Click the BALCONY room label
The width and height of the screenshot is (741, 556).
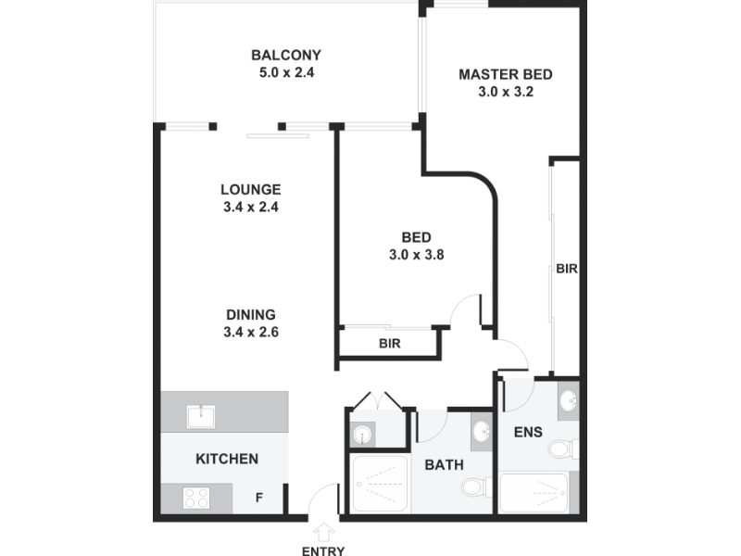[x=286, y=56]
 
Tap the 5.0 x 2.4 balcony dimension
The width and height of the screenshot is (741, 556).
[x=286, y=73]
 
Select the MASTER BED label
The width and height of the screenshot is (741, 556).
[x=505, y=75]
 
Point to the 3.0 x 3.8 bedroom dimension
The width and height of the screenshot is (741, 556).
[x=416, y=255]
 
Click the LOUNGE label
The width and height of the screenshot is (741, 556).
[x=251, y=190]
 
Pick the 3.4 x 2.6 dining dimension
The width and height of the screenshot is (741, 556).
[x=251, y=332]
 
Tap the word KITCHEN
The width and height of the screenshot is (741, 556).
[x=227, y=459]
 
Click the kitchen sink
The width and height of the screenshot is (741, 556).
[x=201, y=416]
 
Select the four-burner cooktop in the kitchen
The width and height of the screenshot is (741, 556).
[x=196, y=498]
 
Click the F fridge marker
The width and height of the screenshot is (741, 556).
[x=259, y=498]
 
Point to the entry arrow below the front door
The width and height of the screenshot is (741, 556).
[x=323, y=532]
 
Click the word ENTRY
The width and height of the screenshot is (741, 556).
[x=323, y=550]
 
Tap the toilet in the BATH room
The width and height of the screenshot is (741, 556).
[x=476, y=486]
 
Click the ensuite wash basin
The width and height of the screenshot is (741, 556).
[x=568, y=401]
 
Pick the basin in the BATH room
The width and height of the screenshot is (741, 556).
[x=482, y=431]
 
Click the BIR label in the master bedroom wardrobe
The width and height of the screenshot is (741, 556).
[x=567, y=269]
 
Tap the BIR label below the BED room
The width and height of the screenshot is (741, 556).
[x=390, y=343]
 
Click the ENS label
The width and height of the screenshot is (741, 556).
[x=528, y=432]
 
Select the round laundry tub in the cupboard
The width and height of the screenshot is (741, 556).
[x=362, y=434]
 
